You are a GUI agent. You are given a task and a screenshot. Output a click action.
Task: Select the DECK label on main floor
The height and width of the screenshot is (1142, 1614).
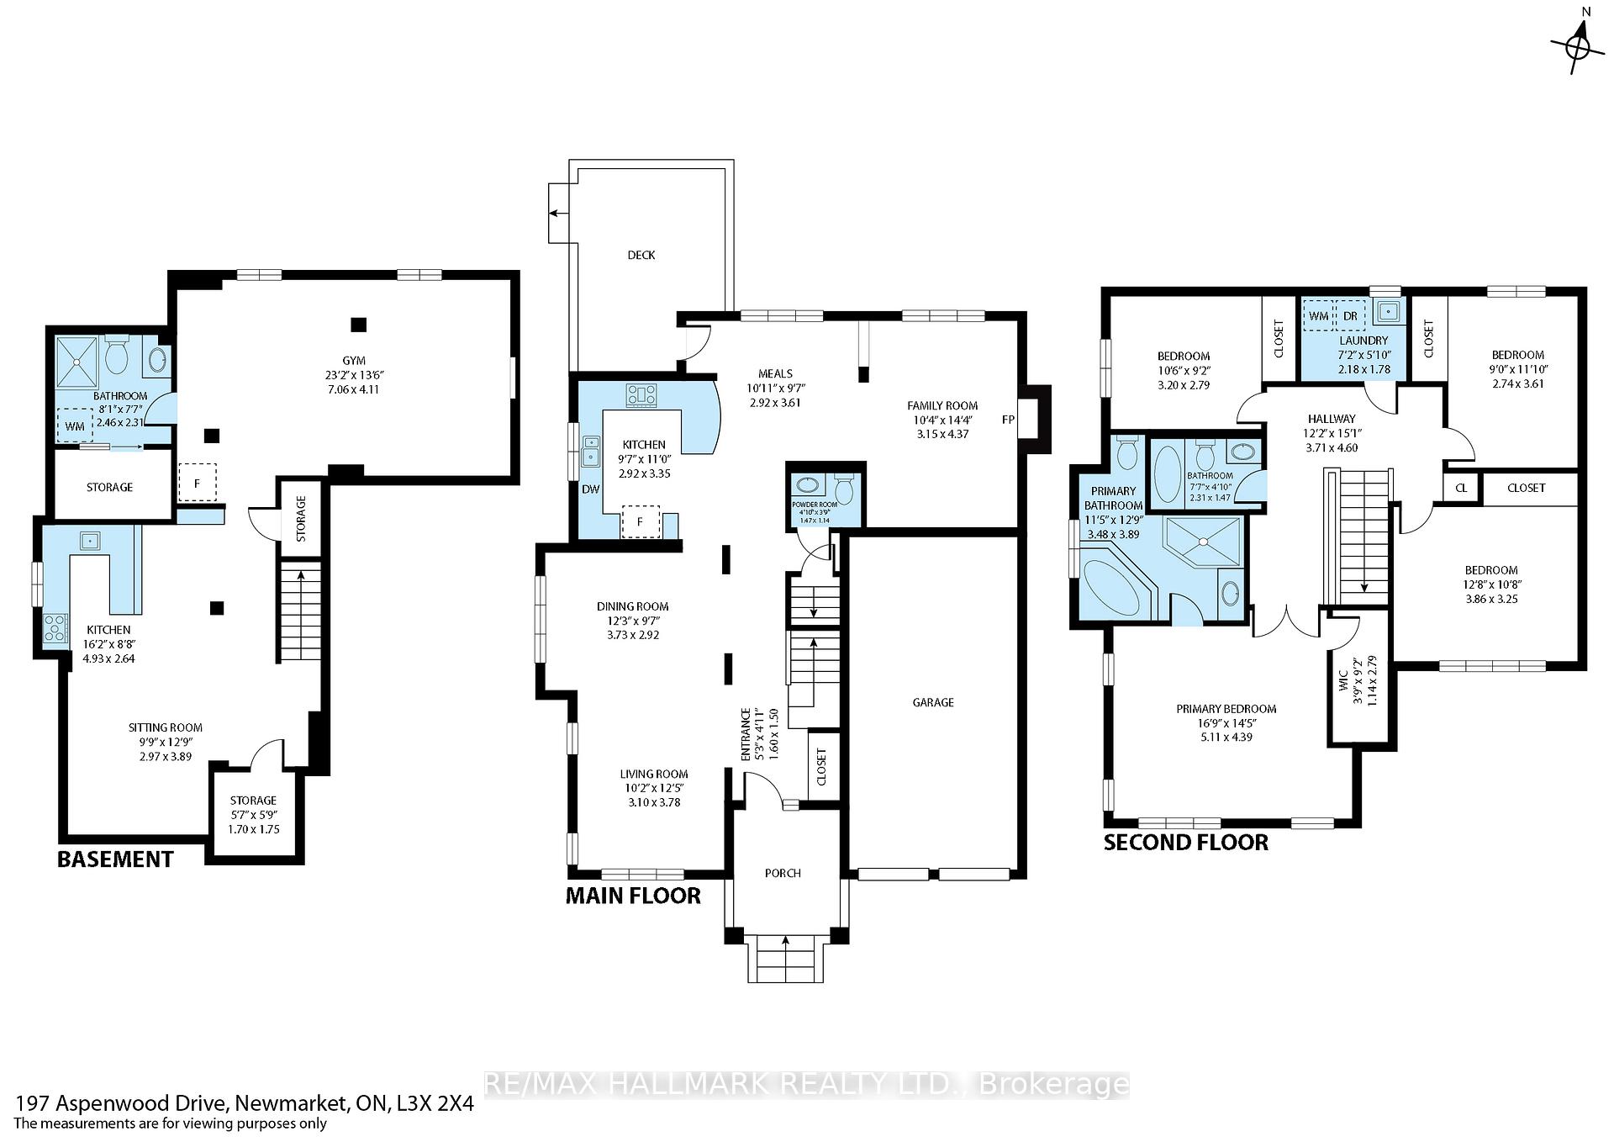pos(641,255)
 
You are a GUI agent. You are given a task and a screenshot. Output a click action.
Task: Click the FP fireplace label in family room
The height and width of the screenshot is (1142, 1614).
pos(1009,419)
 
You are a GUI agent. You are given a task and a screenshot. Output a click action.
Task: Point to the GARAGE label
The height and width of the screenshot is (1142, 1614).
pos(933,702)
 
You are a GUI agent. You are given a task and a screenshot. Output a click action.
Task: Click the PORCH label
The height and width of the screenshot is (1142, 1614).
pos(783,873)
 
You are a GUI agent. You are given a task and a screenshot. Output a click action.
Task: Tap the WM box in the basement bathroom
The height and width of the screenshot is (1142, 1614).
pos(75,426)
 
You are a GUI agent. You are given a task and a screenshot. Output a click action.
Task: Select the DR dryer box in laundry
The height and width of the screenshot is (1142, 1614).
pos(1350,316)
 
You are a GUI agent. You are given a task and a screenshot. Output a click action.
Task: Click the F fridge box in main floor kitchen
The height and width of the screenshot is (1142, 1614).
pos(640,522)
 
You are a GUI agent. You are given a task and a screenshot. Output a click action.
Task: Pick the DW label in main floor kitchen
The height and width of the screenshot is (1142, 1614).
pos(590,489)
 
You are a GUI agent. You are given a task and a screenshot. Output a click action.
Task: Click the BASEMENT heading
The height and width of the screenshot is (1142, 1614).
pos(115,859)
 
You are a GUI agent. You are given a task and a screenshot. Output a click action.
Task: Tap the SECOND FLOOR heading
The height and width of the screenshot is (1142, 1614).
pos(1185,843)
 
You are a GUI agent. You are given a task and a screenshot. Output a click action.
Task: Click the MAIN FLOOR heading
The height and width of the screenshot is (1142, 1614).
pos(633,896)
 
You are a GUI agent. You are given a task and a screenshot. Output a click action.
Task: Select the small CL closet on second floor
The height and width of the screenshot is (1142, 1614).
pos(1461,488)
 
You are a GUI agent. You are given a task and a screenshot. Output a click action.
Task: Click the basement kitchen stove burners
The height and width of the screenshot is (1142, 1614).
pos(55,628)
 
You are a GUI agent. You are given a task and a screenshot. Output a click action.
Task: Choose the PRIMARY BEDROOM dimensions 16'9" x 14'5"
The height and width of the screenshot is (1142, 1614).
pos(1226,723)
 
